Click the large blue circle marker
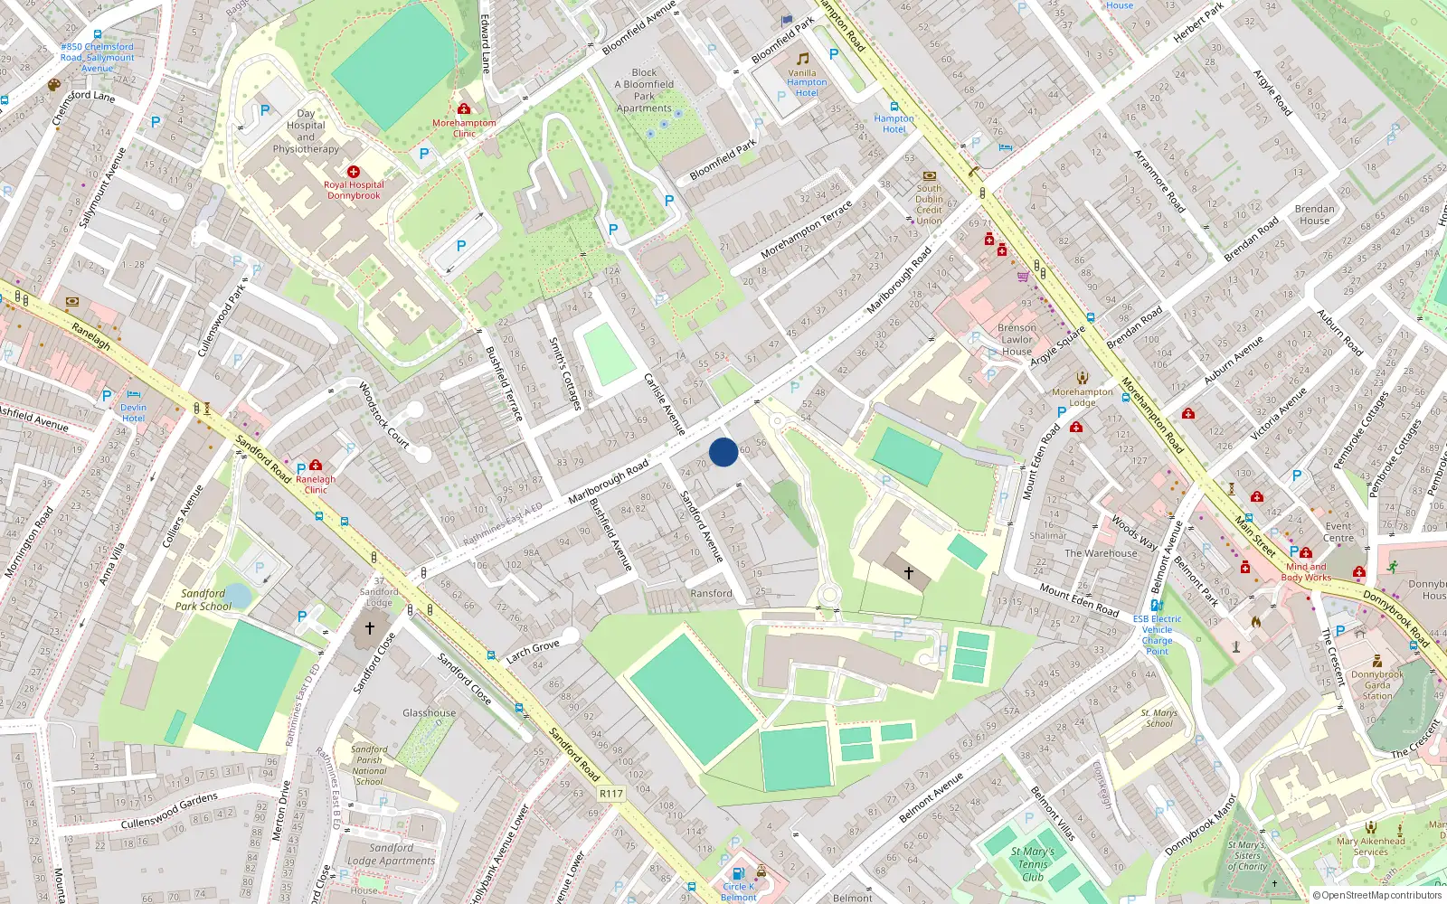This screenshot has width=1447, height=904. pyautogui.click(x=723, y=452)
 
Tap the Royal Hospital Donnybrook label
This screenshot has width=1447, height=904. pyautogui.click(x=354, y=190)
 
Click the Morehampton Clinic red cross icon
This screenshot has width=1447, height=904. pyautogui.click(x=464, y=108)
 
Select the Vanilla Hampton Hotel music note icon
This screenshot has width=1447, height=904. pyautogui.click(x=802, y=59)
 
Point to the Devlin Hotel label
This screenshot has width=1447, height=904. pyautogui.click(x=133, y=413)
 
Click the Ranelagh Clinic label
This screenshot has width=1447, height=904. pyautogui.click(x=315, y=485)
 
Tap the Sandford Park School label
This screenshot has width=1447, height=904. pyautogui.click(x=203, y=600)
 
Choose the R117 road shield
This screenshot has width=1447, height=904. pyautogui.click(x=611, y=794)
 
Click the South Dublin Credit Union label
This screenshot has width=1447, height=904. pyautogui.click(x=929, y=204)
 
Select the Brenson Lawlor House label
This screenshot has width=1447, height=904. pyautogui.click(x=1017, y=340)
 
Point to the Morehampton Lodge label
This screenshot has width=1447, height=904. pyautogui.click(x=1083, y=397)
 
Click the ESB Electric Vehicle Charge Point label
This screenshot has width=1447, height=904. pyautogui.click(x=1157, y=635)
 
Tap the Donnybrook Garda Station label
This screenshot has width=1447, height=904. pyautogui.click(x=1377, y=685)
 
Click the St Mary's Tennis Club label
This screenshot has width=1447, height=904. pyautogui.click(x=1033, y=864)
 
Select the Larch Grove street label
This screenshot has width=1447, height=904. pyautogui.click(x=533, y=651)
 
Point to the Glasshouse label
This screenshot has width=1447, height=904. pyautogui.click(x=429, y=713)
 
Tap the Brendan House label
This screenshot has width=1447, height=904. pyautogui.click(x=1314, y=214)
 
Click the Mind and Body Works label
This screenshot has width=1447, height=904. pyautogui.click(x=1306, y=572)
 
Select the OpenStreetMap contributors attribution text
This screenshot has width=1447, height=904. pyautogui.click(x=1376, y=896)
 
